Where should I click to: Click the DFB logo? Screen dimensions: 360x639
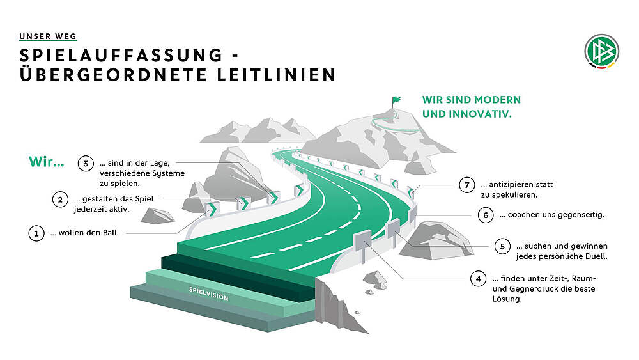(601, 51)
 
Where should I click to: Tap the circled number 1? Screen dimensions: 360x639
(36, 233)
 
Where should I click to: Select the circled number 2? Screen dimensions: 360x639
(60, 200)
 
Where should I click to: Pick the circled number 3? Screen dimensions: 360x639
(86, 164)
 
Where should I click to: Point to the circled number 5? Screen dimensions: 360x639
(502, 246)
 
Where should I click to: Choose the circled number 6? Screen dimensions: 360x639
(486, 215)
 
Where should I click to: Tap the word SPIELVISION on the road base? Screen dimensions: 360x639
(208, 294)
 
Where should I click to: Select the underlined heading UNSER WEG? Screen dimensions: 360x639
(48, 36)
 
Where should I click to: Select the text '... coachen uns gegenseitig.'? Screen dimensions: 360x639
(552, 215)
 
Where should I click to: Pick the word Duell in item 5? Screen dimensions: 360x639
(594, 257)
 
